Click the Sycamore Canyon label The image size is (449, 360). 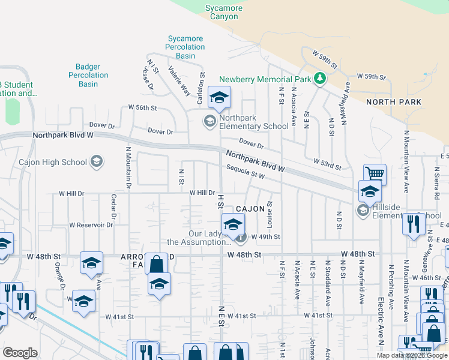(x=224, y=12)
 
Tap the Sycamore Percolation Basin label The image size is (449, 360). (x=185, y=47)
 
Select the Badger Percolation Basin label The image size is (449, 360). (x=88, y=76)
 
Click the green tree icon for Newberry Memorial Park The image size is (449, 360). (x=321, y=79)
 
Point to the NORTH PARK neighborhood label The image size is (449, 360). (x=396, y=102)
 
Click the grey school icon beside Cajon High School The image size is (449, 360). (x=96, y=161)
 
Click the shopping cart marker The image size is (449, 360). (x=375, y=174)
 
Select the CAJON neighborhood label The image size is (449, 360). (x=250, y=209)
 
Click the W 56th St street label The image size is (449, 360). (x=142, y=108)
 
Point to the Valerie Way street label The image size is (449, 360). (x=179, y=80)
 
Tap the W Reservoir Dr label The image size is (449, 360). (x=91, y=225)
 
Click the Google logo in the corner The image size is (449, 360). (x=20, y=353)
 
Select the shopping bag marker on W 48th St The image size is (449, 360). (x=156, y=264)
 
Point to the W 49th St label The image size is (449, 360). (x=266, y=236)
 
